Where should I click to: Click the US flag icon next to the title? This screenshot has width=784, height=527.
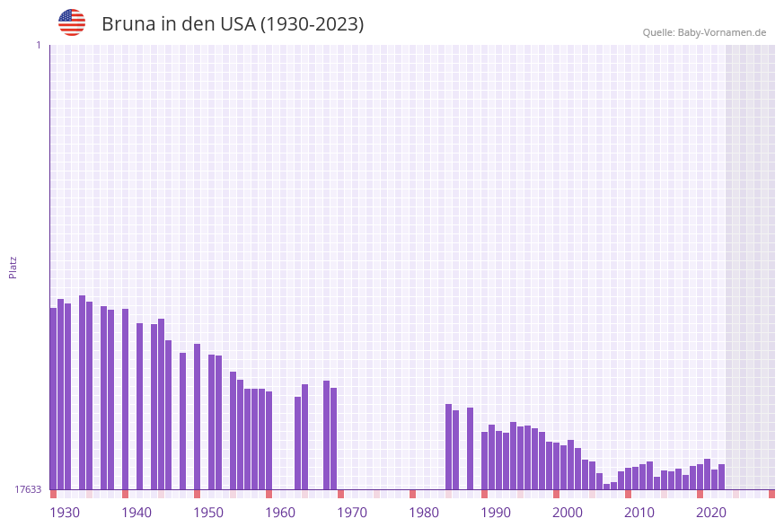click(x=72, y=22)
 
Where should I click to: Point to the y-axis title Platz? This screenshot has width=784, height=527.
click(x=13, y=267)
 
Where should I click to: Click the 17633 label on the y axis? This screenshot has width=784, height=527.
click(x=28, y=489)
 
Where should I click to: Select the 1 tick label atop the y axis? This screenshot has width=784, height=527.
click(x=38, y=45)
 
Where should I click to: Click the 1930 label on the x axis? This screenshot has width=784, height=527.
click(x=65, y=513)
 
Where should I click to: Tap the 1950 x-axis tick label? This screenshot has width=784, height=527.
click(x=208, y=513)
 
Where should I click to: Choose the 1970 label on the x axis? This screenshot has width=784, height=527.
click(x=352, y=513)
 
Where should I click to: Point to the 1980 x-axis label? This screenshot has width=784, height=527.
click(x=424, y=513)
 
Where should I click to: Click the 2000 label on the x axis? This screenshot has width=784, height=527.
click(x=568, y=513)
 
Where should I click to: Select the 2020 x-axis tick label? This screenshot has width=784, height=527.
click(x=711, y=513)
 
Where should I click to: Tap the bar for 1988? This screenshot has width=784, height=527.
click(x=471, y=448)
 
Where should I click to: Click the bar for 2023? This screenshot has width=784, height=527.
click(x=722, y=477)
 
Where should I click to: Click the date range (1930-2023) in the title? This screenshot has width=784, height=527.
click(x=312, y=24)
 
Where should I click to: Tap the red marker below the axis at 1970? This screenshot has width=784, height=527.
click(x=341, y=494)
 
